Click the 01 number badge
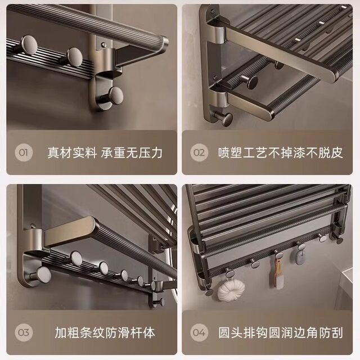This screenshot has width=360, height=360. click(23, 152)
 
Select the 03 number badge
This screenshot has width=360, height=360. click(23, 332)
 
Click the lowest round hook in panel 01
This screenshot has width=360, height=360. click(116, 93)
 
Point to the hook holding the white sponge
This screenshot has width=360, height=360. click(229, 273)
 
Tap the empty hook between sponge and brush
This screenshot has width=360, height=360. click(253, 262)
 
